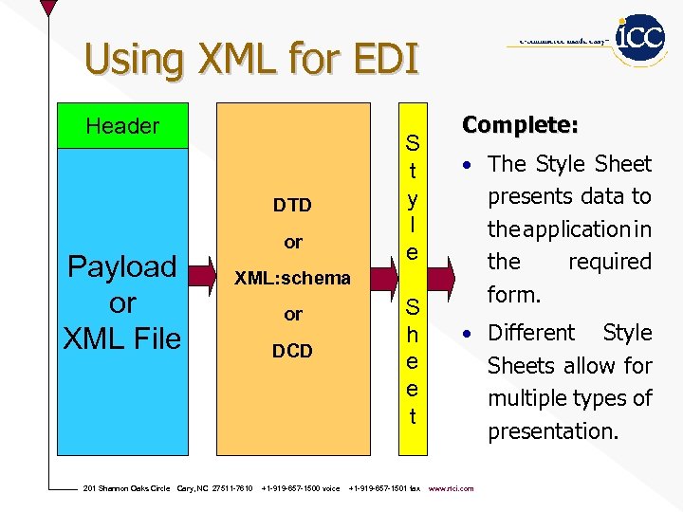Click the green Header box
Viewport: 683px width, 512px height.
click(x=122, y=126)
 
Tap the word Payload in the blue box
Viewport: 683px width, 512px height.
click(x=121, y=267)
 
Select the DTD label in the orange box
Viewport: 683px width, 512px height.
click(x=292, y=205)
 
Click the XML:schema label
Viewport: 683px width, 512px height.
click(x=292, y=278)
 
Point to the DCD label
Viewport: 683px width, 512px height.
click(x=292, y=351)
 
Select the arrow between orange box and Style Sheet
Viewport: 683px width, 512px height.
click(x=383, y=278)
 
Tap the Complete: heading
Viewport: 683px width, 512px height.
click(x=520, y=125)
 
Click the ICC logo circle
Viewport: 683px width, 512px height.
click(x=639, y=39)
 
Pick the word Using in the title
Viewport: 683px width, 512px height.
click(x=133, y=59)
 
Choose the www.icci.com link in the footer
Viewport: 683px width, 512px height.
click(x=452, y=488)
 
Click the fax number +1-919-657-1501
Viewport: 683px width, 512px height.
click(x=384, y=488)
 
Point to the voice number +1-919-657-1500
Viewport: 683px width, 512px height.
click(x=300, y=488)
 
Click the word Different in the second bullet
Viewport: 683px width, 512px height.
click(x=531, y=333)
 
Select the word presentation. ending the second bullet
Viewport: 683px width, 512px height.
click(x=553, y=431)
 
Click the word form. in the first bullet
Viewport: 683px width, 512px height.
click(x=514, y=295)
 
